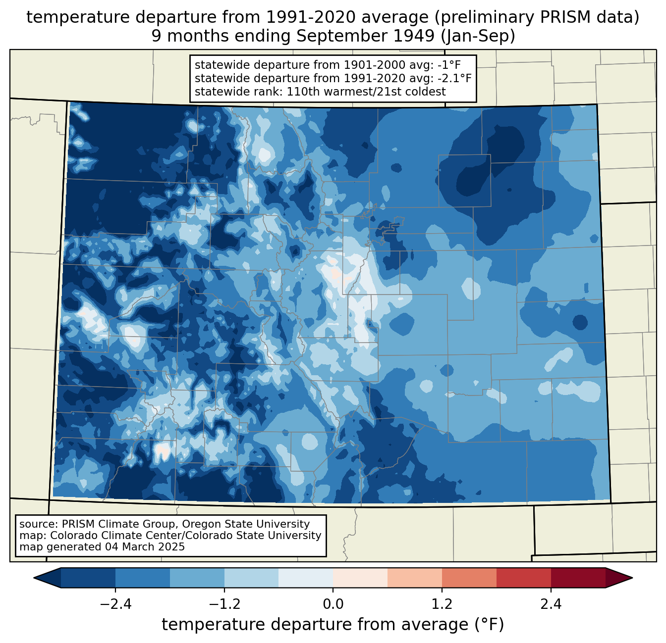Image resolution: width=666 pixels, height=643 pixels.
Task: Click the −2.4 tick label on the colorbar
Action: click(115, 604)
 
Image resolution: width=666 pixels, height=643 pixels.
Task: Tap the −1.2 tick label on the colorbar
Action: click(224, 604)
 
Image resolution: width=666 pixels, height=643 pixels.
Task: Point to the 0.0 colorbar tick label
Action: click(333, 604)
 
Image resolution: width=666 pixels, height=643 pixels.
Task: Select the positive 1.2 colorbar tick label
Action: click(442, 604)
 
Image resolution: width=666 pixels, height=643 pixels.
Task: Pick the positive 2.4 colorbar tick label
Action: click(551, 604)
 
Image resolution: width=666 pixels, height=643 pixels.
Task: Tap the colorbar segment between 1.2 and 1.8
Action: click(469, 578)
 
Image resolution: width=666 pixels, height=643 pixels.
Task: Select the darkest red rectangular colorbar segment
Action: click(578, 578)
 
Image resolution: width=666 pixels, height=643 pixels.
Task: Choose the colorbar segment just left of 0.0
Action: click(306, 578)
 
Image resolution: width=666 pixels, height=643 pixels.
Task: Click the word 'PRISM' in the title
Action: click(570, 17)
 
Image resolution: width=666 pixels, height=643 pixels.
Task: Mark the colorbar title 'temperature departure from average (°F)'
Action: click(333, 625)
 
